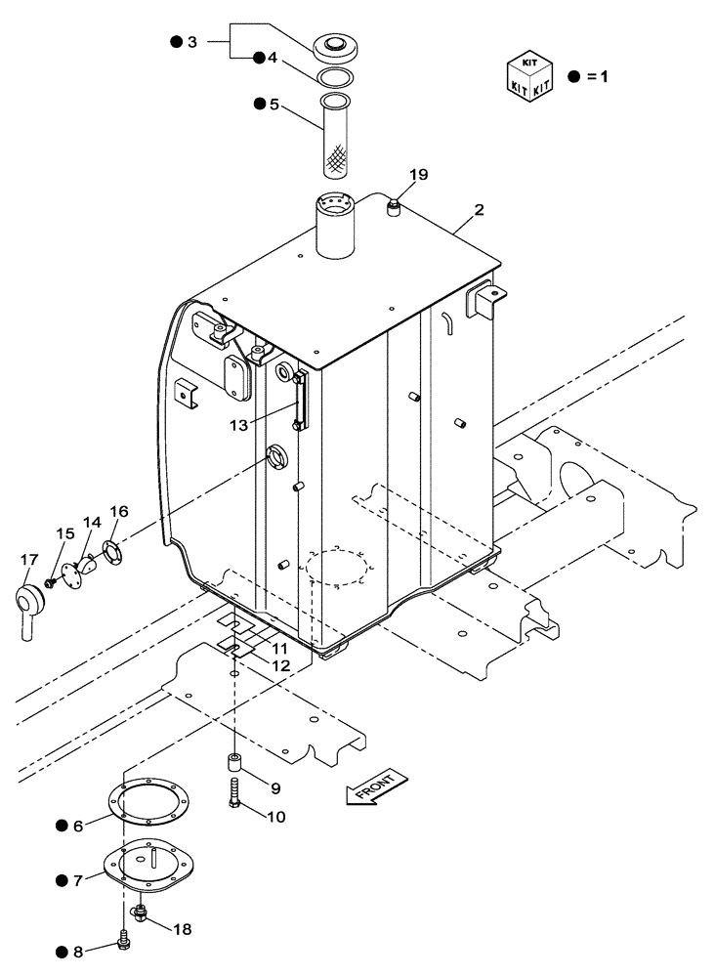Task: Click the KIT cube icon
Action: click(528, 75)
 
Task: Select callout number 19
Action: click(391, 176)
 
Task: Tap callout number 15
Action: click(64, 532)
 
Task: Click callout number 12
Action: click(280, 665)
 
